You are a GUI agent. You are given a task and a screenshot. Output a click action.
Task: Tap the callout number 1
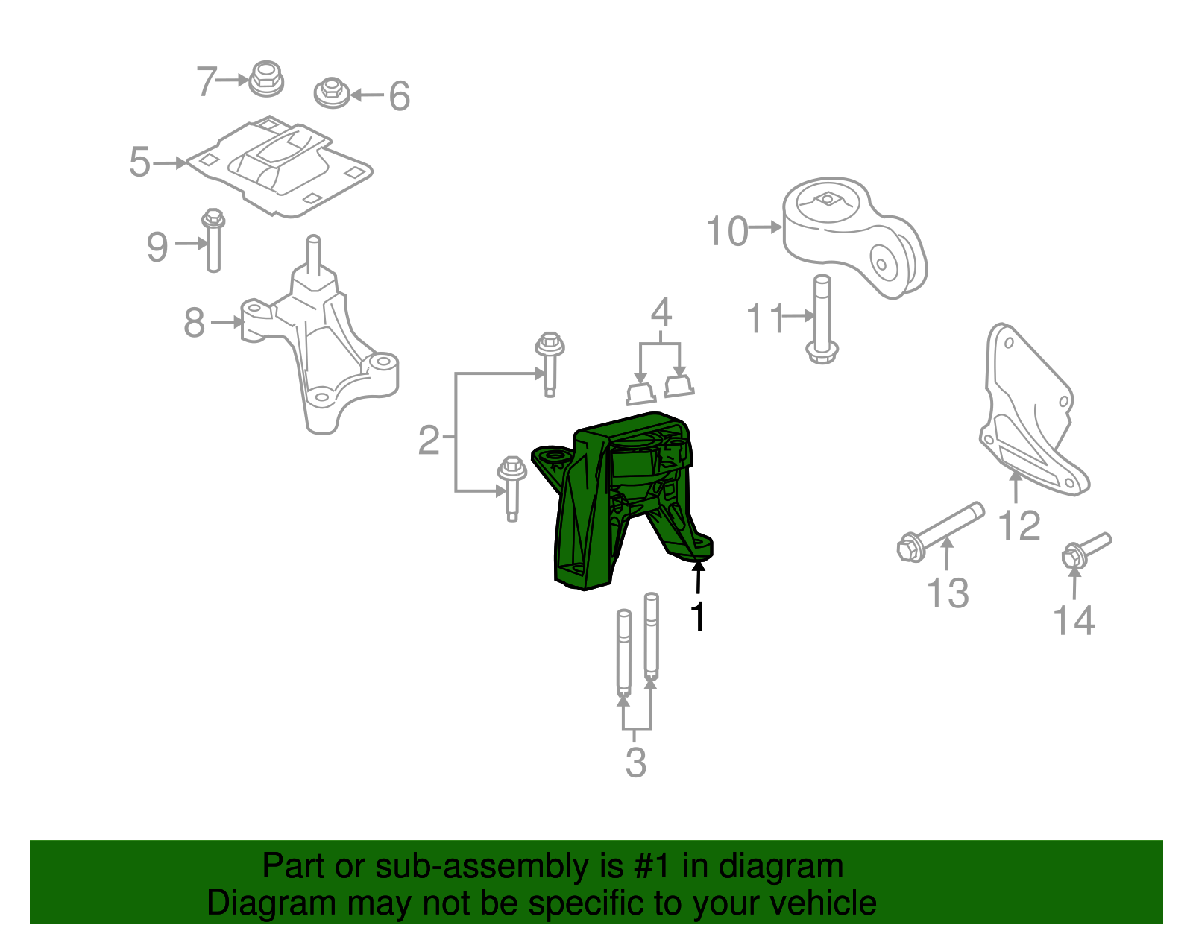[x=698, y=616]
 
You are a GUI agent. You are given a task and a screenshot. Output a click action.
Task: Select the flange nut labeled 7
[x=265, y=78]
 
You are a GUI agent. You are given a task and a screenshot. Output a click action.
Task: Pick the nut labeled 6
[x=333, y=93]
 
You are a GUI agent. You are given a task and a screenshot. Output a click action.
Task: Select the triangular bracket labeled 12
[x=1029, y=417]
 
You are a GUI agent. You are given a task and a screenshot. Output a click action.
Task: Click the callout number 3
[x=635, y=762]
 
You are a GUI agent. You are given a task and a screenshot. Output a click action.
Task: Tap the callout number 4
[x=661, y=312]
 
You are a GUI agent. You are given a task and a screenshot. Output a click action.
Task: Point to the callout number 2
[x=429, y=440]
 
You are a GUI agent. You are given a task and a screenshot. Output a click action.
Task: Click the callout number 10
[x=727, y=231]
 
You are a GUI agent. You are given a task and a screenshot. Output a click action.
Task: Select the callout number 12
[x=1019, y=526]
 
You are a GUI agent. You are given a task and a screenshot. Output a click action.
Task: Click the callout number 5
[x=139, y=162]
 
